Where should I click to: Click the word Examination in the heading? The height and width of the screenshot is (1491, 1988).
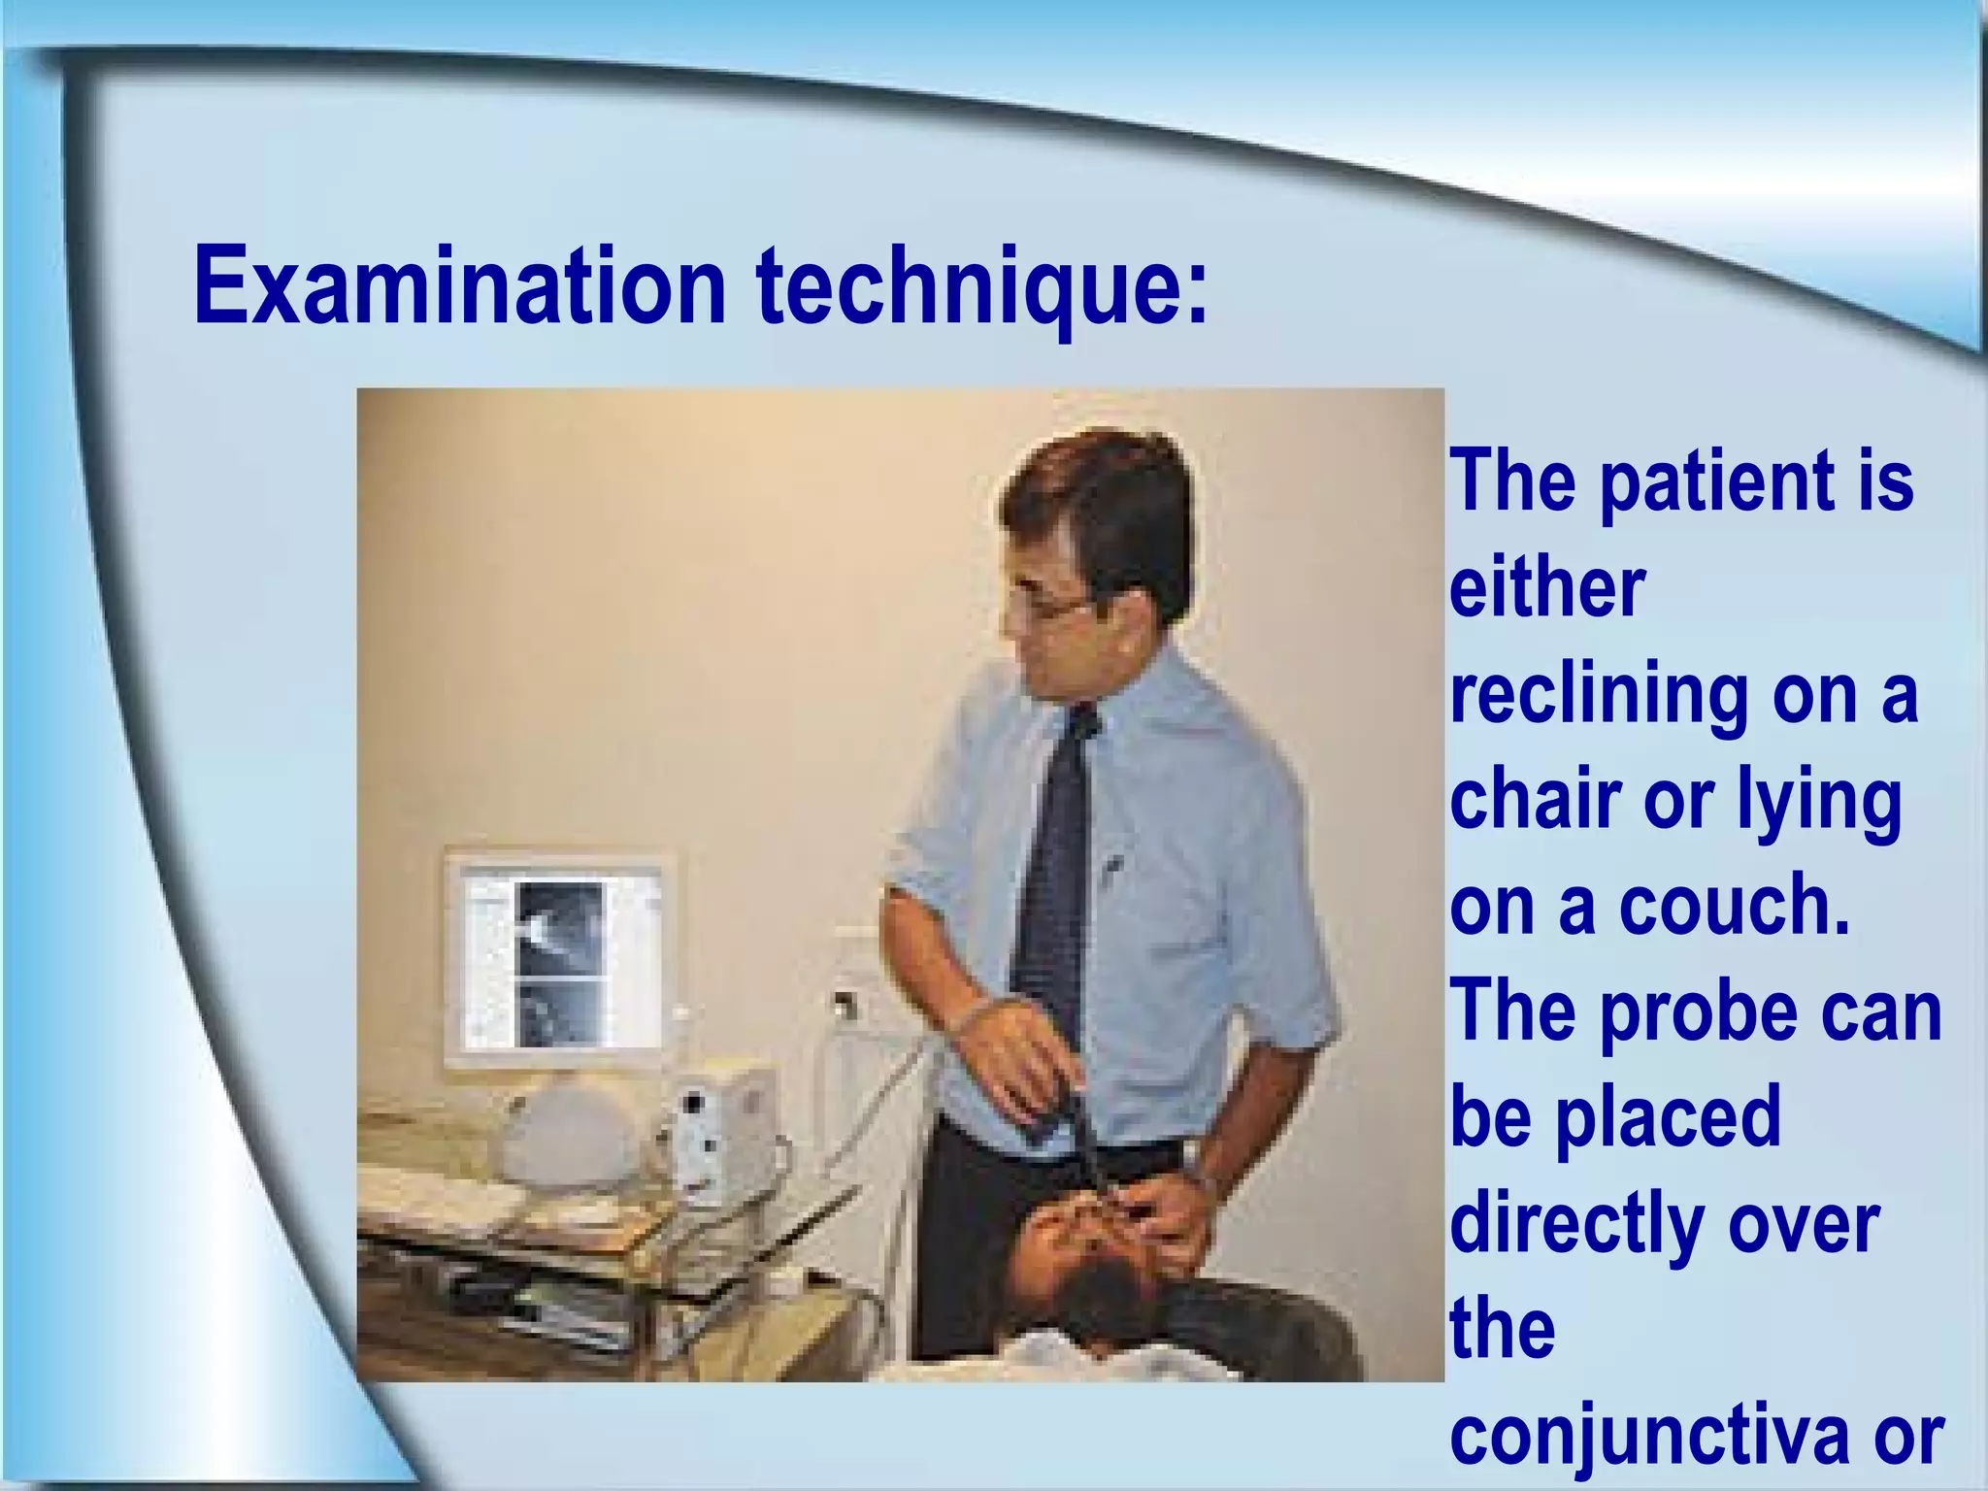459,286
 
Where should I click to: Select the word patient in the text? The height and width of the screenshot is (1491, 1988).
1714,482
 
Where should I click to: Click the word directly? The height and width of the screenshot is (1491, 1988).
1577,1225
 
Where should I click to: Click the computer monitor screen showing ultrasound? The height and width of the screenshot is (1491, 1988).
560,961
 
